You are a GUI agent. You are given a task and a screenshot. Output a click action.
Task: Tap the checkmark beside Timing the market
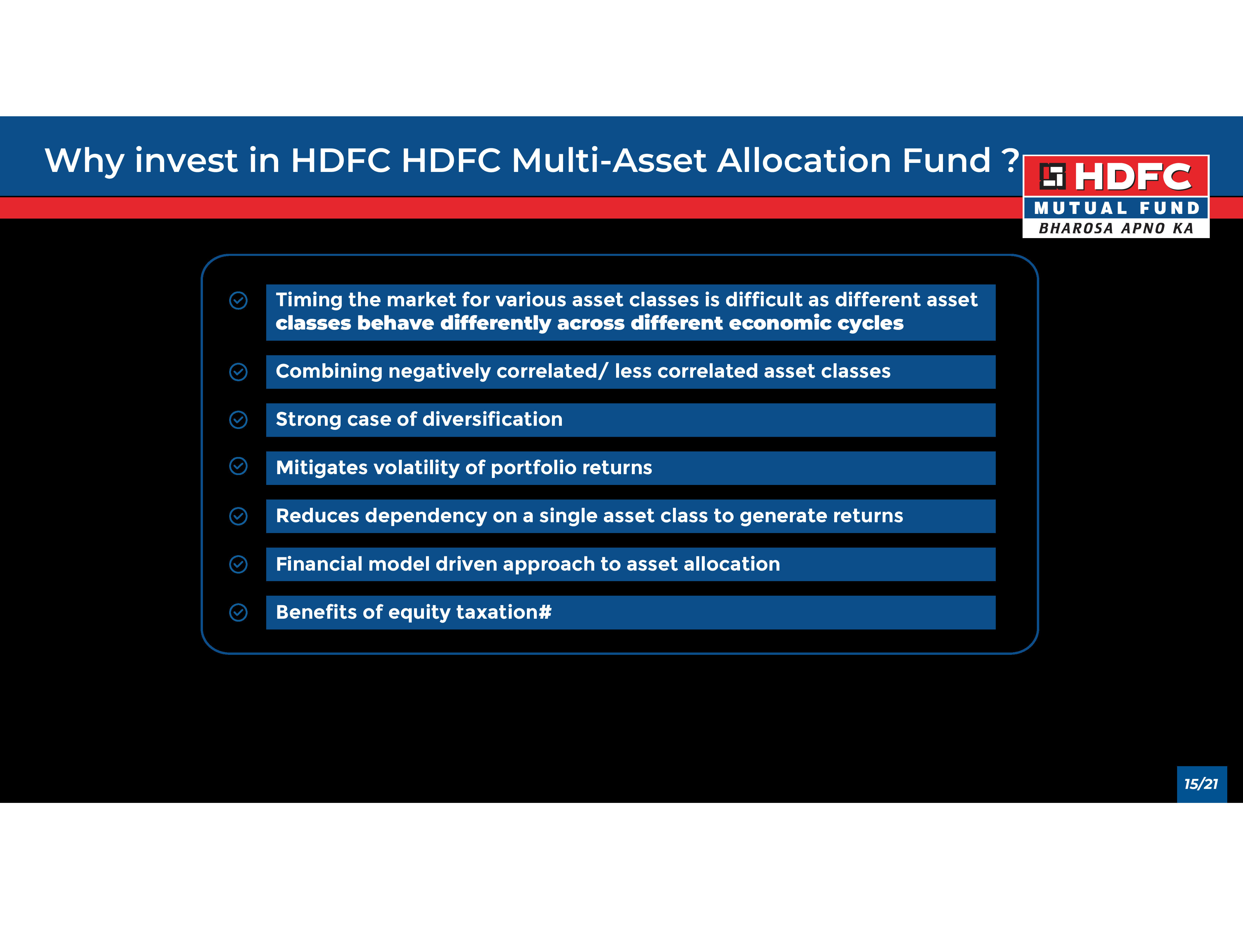pyautogui.click(x=238, y=300)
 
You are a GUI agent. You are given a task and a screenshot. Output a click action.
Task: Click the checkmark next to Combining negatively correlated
pyautogui.click(x=238, y=372)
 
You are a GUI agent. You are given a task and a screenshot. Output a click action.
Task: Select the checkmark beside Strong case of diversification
pyautogui.click(x=238, y=420)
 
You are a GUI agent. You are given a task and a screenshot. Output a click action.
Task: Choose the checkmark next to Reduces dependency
pyautogui.click(x=238, y=516)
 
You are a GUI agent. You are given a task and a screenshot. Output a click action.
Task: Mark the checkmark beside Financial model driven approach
pyautogui.click(x=238, y=565)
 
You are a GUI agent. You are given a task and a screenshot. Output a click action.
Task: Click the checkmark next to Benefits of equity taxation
pyautogui.click(x=238, y=612)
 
